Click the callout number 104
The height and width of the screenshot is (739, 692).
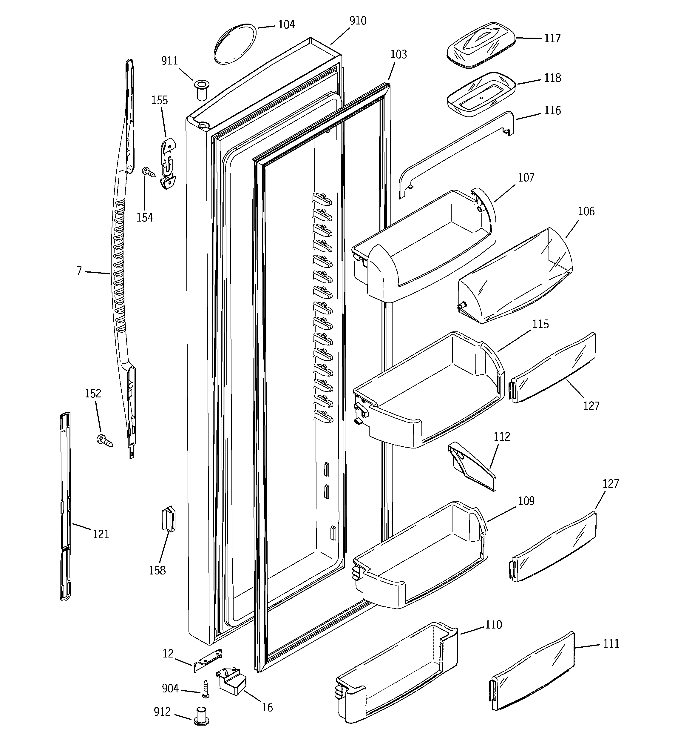point(286,25)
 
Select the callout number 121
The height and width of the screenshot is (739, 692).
point(101,534)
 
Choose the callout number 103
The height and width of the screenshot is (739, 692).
point(398,55)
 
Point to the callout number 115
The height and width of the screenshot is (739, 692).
point(540,324)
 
